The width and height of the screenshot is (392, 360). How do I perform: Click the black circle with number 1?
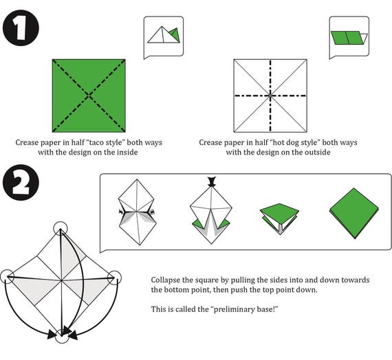pos(21,27)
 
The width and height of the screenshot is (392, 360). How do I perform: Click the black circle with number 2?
pos(21,182)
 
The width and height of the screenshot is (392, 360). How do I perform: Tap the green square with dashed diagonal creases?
pos(89,95)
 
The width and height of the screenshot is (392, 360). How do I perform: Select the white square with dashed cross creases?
pos(270,95)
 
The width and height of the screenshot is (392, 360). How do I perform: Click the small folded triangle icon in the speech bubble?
pos(164,35)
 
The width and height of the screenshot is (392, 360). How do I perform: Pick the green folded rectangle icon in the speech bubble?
pos(349,38)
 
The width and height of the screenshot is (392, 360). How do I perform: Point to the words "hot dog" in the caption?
pos(285,142)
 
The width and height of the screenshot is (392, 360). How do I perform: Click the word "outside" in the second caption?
pos(318,152)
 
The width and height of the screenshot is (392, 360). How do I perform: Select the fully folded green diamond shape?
pos(354,214)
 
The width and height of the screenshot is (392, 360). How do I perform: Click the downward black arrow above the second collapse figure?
pos(212,181)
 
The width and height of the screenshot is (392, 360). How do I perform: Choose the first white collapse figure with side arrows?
pos(137,212)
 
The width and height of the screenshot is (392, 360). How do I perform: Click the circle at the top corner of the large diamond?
pos(61,228)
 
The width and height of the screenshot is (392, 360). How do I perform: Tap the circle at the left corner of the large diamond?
pos(8,277)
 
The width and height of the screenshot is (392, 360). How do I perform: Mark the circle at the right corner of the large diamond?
pos(115,278)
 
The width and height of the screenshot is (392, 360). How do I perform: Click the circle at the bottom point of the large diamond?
pos(62,336)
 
